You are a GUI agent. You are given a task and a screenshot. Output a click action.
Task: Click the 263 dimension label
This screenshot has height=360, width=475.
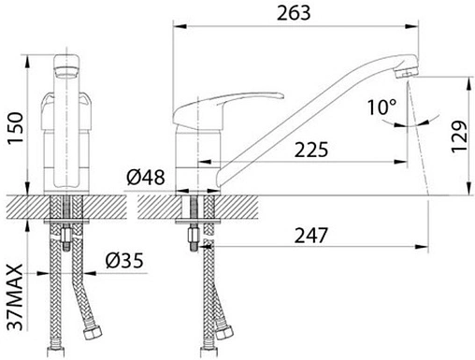294,13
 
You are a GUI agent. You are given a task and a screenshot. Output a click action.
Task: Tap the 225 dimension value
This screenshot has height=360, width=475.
311,150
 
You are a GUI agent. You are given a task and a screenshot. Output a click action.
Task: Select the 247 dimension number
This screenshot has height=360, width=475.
311,236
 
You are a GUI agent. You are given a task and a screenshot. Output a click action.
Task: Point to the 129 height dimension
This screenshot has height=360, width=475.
460,137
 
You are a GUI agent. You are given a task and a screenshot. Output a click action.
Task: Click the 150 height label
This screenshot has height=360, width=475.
16,128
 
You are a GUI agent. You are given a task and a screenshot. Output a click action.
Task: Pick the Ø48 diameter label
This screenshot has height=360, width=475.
146,178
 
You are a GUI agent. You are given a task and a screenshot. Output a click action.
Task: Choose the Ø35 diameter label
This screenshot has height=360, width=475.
124,261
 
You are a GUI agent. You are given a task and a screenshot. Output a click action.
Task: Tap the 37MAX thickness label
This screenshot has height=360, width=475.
16,297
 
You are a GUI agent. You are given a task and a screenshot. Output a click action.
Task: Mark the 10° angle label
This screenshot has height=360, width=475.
381,107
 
